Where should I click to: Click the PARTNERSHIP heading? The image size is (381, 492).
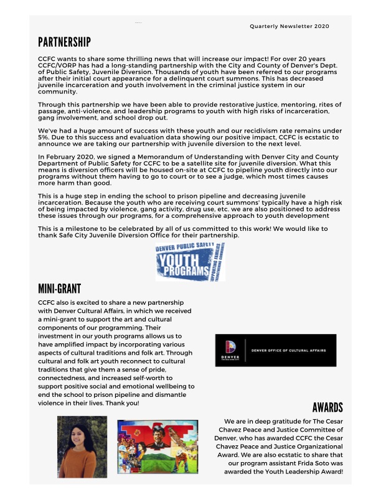(64, 42)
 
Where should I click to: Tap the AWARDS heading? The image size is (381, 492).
(327, 408)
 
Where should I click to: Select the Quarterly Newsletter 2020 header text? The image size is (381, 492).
(289, 26)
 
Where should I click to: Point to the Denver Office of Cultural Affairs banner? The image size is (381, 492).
(275, 350)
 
